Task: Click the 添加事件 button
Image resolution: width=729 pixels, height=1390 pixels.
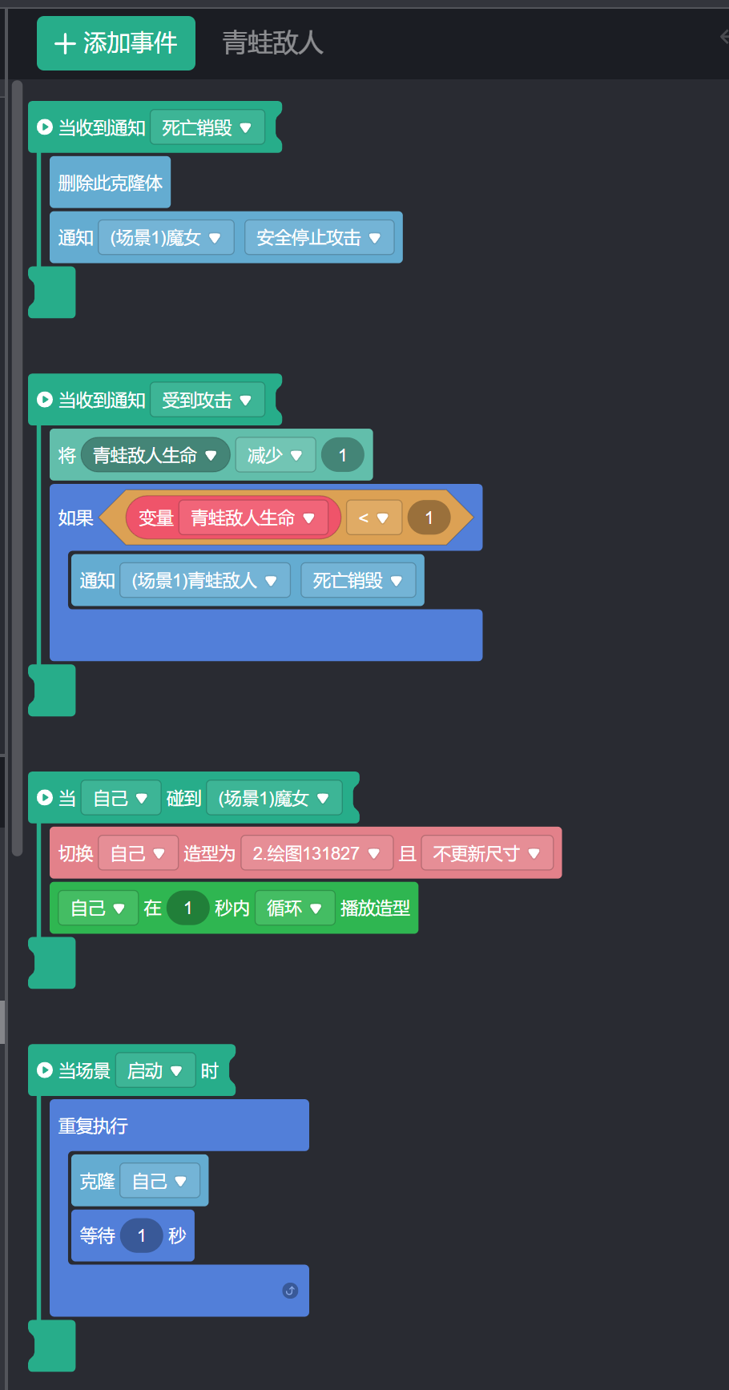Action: point(116,43)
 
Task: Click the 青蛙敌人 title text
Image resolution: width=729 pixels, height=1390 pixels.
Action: point(272,43)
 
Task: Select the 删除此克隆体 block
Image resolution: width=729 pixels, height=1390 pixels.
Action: point(110,183)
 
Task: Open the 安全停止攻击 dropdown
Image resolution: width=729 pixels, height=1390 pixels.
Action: point(319,238)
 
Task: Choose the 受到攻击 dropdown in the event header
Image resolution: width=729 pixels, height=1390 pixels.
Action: point(207,400)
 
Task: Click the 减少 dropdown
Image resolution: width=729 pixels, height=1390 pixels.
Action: point(275,455)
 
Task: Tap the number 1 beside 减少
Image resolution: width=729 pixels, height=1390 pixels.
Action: point(343,455)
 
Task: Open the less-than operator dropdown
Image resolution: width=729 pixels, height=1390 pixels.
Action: point(373,518)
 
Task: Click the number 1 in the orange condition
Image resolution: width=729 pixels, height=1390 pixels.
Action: point(429,518)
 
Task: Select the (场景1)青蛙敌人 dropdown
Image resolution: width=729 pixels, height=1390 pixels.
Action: point(204,581)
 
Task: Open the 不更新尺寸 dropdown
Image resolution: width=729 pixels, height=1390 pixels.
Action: point(487,854)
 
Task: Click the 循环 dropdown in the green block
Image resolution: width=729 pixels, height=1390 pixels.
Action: point(294,909)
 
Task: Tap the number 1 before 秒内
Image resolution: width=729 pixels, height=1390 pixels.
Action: point(188,909)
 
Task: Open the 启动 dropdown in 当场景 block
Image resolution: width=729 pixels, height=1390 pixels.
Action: point(155,1071)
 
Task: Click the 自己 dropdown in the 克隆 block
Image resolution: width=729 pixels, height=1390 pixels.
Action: point(159,1182)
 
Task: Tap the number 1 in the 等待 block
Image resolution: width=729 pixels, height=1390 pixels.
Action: point(142,1236)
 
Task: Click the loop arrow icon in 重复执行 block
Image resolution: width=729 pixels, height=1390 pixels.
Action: point(290,1291)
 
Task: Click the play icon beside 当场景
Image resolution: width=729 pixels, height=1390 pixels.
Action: point(45,1071)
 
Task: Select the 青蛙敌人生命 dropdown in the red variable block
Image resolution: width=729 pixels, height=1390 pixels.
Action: point(253,518)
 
